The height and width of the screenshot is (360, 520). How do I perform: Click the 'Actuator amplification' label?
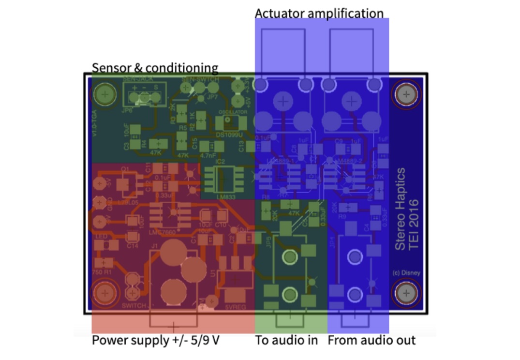coord(319,14)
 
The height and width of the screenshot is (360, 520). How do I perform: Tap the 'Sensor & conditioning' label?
coord(155,68)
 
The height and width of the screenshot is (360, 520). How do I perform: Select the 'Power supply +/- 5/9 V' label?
coord(156,340)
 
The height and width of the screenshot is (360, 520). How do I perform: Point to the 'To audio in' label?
coord(286,340)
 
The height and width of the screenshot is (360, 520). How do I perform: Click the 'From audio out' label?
coord(371,340)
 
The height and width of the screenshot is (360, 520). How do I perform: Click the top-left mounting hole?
coord(104,94)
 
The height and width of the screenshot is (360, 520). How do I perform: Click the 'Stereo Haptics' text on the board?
coord(400,209)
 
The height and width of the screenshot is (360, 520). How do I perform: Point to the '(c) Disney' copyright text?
coord(406,272)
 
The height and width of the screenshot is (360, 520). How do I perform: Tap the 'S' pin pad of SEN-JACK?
coord(156,97)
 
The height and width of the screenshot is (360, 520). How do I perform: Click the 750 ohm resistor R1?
coord(104,263)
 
